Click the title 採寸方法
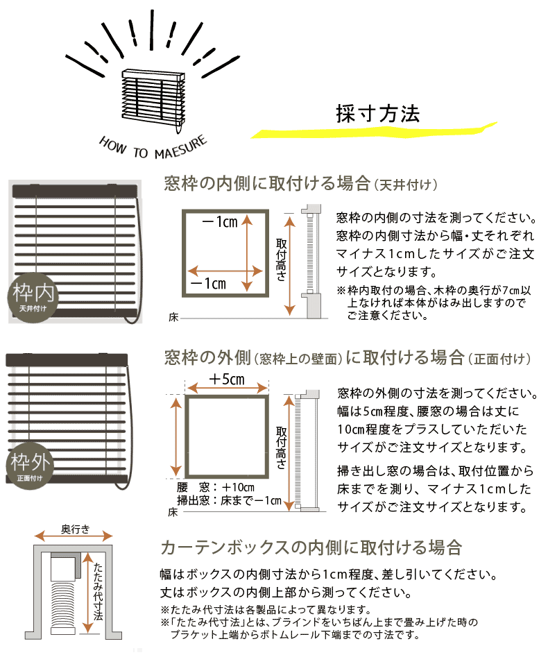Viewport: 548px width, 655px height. pos(377,114)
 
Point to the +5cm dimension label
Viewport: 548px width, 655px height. pos(226,380)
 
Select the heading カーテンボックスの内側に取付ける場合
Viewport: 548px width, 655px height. pos(311,547)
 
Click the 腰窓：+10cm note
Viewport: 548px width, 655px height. pos(217,486)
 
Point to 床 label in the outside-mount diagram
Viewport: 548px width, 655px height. pos(173,512)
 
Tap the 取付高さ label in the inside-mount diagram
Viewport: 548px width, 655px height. pos(281,260)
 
